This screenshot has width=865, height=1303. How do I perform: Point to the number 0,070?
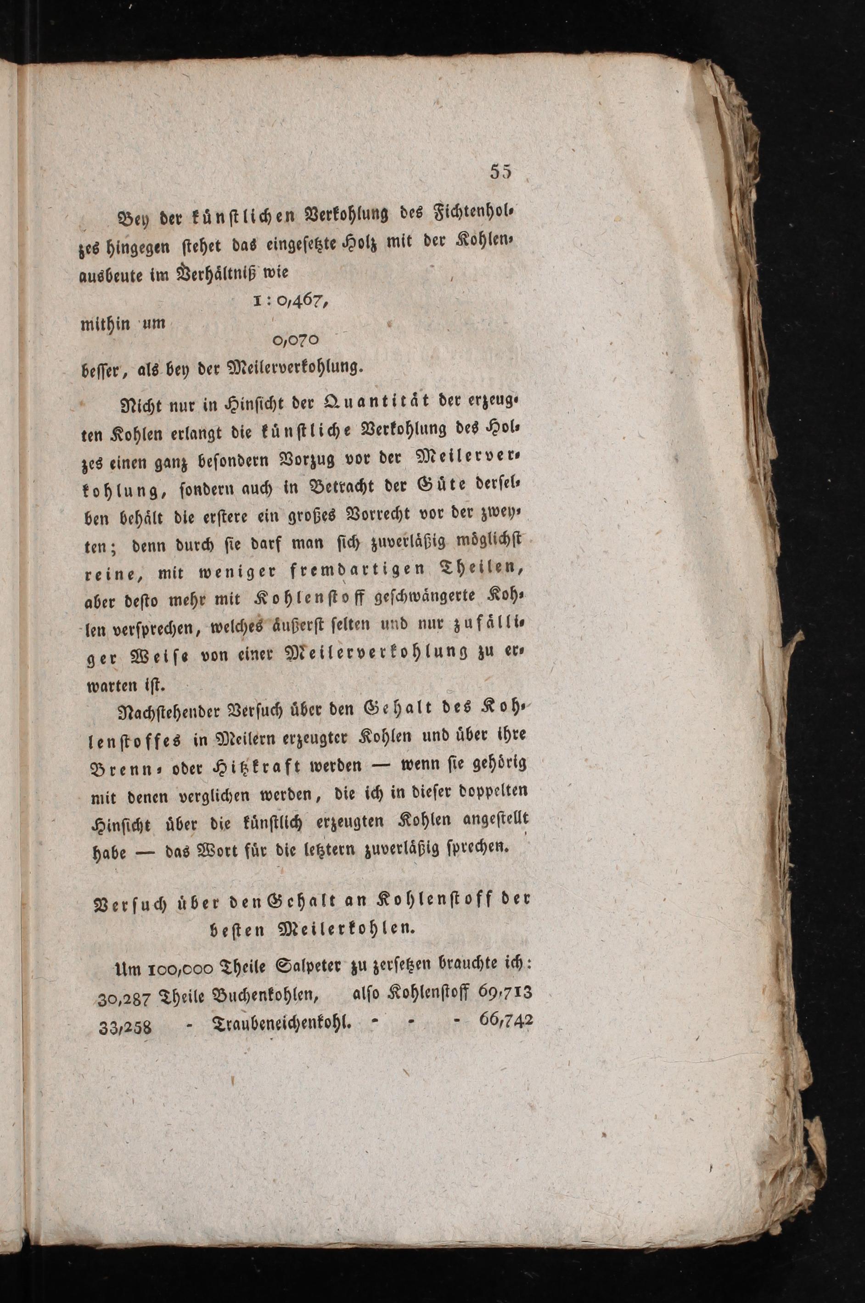(296, 340)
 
